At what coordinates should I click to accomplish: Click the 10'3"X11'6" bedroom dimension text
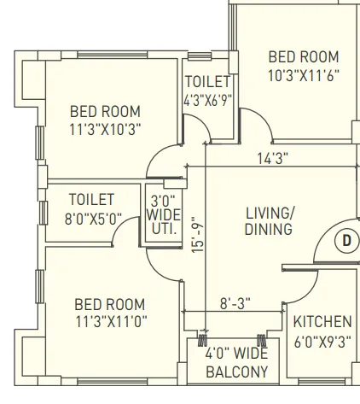point(304,74)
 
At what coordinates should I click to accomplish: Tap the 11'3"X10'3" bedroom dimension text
point(105,129)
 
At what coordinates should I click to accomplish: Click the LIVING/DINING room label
point(269,220)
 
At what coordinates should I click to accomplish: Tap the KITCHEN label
point(322,322)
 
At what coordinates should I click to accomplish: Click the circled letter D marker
point(345,241)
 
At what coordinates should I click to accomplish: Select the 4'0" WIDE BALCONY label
point(236,362)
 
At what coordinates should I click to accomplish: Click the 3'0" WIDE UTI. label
point(163,215)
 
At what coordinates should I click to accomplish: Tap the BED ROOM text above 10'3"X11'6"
point(304,56)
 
